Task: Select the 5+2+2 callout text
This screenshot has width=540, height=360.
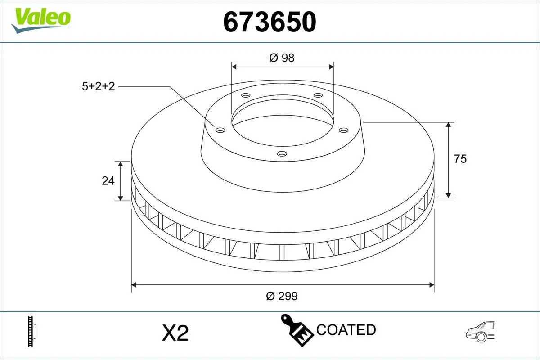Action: pyautogui.click(x=99, y=86)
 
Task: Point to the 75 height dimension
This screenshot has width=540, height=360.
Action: pyautogui.click(x=460, y=159)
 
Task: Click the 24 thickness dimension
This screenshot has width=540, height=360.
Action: pyautogui.click(x=108, y=181)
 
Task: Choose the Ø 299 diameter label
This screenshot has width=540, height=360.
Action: pyautogui.click(x=282, y=296)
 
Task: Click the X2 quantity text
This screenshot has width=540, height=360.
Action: pyautogui.click(x=175, y=333)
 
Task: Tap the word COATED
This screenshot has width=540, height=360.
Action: pyautogui.click(x=346, y=330)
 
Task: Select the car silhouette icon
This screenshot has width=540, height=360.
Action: pyautogui.click(x=481, y=332)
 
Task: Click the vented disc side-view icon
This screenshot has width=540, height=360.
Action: pyautogui.click(x=32, y=332)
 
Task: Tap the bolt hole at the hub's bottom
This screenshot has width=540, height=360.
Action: pyautogui.click(x=282, y=154)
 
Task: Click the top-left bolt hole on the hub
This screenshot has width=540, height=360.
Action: pyautogui.click(x=245, y=95)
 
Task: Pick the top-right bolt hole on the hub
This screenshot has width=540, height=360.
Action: pyautogui.click(x=318, y=95)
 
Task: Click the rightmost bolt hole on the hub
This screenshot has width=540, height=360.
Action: pyautogui.click(x=344, y=130)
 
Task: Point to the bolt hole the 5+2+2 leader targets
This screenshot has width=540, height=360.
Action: pyautogui.click(x=220, y=130)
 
